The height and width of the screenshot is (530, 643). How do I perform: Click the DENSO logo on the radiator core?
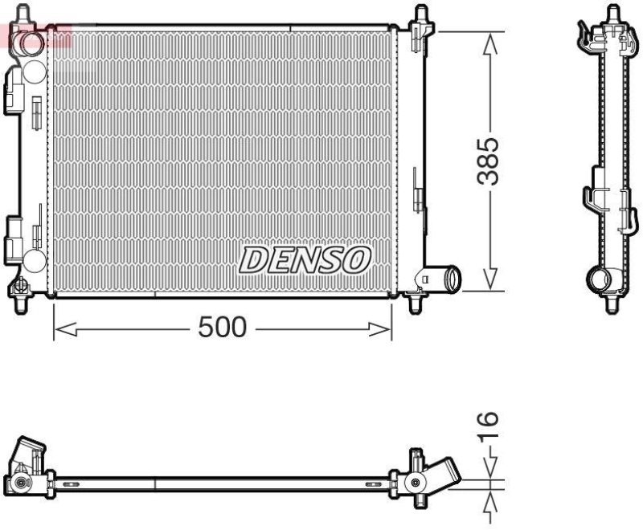(x=305, y=259)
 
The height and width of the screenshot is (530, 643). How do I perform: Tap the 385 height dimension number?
(x=489, y=161)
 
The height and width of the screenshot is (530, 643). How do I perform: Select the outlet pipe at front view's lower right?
(x=448, y=279)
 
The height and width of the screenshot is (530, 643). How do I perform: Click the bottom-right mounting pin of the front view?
(x=416, y=303)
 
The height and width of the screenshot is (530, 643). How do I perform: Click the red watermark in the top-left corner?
(x=36, y=35)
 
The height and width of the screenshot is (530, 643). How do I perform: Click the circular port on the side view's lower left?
(x=598, y=281)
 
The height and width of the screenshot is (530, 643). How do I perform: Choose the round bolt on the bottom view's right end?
(x=415, y=483)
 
